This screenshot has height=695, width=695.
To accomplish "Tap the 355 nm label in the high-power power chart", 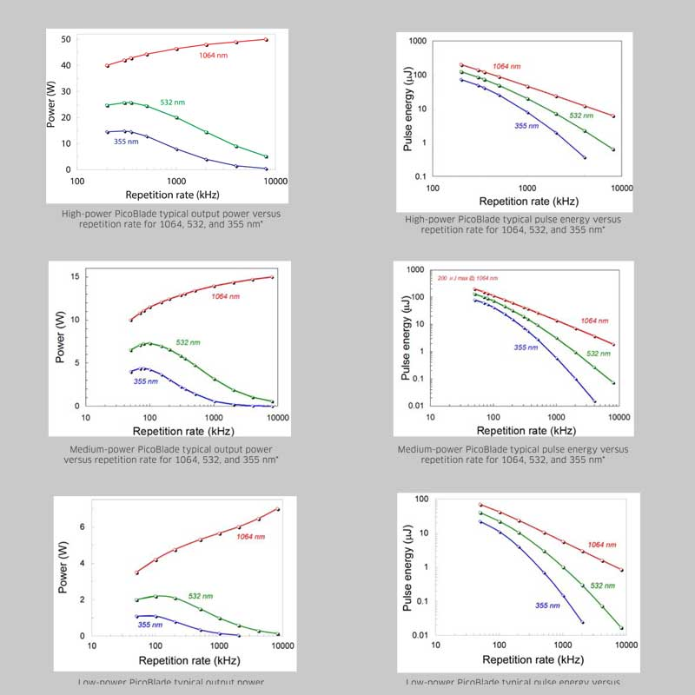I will (x=127, y=142).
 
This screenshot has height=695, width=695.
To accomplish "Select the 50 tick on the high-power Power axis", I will (x=65, y=40).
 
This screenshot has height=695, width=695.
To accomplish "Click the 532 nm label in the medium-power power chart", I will (x=189, y=342).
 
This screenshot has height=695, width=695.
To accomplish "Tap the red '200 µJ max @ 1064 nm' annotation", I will (x=460, y=277).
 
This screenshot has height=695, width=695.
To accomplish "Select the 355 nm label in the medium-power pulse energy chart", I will (x=527, y=347).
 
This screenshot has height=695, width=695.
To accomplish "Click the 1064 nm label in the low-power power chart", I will (x=250, y=537).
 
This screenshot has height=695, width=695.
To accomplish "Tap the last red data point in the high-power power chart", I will (x=266, y=40).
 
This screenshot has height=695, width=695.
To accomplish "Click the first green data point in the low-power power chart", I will (x=136, y=600).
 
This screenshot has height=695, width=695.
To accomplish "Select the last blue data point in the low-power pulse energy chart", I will (x=582, y=622).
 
